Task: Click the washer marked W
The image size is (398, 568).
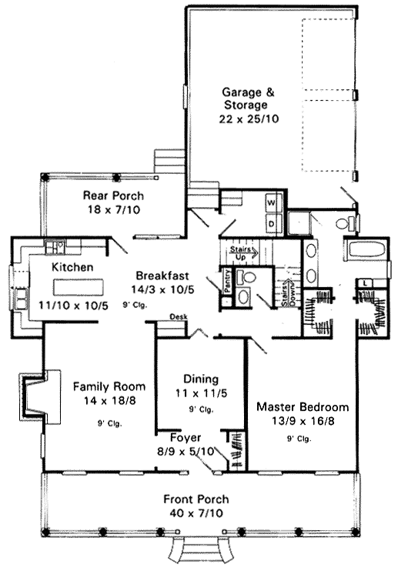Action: [x=271, y=202]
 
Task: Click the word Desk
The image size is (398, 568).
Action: [x=179, y=316]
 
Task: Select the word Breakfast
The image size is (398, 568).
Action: [x=162, y=276]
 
